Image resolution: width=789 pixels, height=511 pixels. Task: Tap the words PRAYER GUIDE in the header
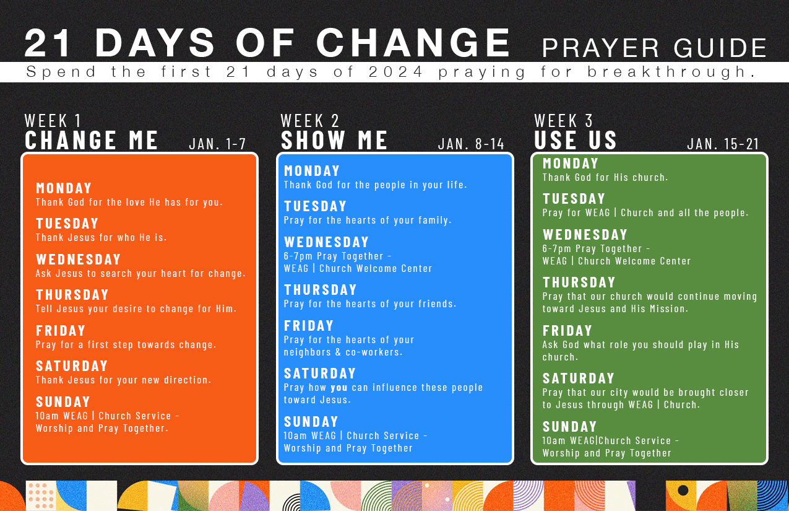pyautogui.click(x=655, y=48)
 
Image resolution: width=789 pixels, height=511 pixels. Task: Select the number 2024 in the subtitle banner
pyautogui.click(x=395, y=72)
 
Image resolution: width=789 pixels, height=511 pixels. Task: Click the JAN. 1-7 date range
pyautogui.click(x=217, y=144)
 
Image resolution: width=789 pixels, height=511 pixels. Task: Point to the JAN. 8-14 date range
pyautogui.click(x=471, y=144)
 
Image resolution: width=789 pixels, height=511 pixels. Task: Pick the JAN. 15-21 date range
pyautogui.click(x=723, y=144)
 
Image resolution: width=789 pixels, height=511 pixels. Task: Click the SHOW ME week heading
pyautogui.click(x=334, y=140)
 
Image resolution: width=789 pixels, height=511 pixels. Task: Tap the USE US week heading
pyautogui.click(x=575, y=139)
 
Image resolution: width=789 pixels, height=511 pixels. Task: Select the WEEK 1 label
pyautogui.click(x=53, y=121)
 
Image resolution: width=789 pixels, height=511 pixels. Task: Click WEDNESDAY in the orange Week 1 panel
pyautogui.click(x=78, y=260)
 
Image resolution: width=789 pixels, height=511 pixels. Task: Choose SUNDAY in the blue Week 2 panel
pyautogui.click(x=311, y=422)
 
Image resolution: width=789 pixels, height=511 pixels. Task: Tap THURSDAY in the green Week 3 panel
pyautogui.click(x=579, y=282)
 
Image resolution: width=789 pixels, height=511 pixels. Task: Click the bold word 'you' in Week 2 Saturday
pyautogui.click(x=339, y=388)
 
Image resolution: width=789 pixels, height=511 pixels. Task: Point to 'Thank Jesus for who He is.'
pyautogui.click(x=101, y=237)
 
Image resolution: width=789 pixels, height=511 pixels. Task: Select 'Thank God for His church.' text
pyautogui.click(x=605, y=177)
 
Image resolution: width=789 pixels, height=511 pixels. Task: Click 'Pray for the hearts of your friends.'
pyautogui.click(x=370, y=304)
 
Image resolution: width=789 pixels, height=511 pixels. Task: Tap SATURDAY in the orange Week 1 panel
pyautogui.click(x=72, y=366)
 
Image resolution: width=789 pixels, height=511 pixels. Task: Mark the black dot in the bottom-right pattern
pyautogui.click(x=683, y=490)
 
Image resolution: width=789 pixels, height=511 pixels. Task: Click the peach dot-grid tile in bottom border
pyautogui.click(x=41, y=496)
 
